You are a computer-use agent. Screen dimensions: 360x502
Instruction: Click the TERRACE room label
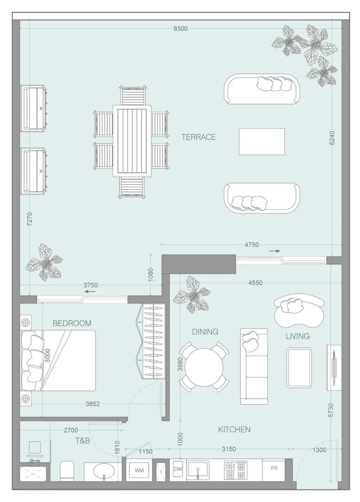[198, 137]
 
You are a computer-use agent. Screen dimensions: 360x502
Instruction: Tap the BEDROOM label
[72, 324]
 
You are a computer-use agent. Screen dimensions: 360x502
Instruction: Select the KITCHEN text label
[234, 429]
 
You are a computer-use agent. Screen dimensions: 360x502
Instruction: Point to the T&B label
[82, 441]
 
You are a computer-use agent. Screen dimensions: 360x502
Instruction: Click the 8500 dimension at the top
[180, 29]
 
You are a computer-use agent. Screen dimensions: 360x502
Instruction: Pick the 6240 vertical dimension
[332, 138]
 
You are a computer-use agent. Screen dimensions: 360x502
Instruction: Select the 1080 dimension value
[151, 275]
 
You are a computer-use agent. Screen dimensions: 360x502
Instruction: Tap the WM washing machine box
[139, 470]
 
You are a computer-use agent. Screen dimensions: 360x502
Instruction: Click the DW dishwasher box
[178, 469]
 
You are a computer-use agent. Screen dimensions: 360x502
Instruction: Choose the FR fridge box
[274, 468]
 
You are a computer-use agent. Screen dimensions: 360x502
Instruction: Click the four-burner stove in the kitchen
[237, 470]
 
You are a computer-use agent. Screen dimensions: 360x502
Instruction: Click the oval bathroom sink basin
[104, 471]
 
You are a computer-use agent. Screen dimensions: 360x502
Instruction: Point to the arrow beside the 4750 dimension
[274, 251]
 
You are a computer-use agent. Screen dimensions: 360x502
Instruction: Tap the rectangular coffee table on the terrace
[262, 142]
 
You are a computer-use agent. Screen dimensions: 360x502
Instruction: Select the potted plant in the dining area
[192, 295]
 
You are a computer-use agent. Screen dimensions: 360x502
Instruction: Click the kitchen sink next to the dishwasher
[198, 470]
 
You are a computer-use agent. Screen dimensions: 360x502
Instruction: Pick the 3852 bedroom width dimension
[93, 404]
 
